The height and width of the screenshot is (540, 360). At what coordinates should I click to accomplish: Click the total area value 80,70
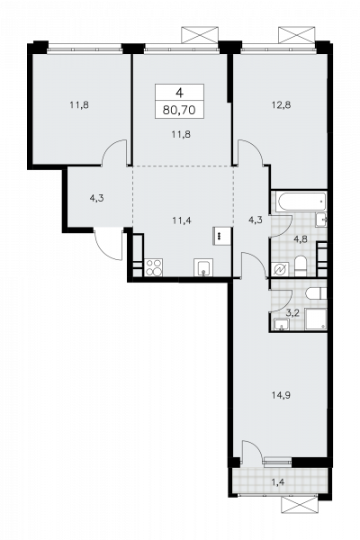point(179,110)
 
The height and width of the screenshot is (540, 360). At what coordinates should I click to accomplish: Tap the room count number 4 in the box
point(179,93)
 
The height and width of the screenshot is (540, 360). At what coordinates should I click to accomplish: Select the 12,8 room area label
point(281,105)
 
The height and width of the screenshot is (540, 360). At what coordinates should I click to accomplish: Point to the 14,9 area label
point(281,395)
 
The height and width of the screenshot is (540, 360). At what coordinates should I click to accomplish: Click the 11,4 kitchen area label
point(182,220)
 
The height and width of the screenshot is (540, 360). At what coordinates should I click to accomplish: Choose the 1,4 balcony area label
point(278,482)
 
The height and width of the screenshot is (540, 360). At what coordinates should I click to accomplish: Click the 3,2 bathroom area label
point(292,313)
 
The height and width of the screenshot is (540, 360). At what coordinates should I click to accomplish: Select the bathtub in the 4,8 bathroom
point(302,202)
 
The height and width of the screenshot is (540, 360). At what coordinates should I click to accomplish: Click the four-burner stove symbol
point(154,267)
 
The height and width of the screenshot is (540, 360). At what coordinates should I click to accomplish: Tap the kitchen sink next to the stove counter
point(203,267)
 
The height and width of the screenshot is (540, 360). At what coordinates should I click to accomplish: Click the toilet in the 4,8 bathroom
point(301,265)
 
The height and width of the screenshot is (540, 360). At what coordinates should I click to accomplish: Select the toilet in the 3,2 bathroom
point(316,293)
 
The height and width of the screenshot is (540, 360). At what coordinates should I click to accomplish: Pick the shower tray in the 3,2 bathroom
point(316,319)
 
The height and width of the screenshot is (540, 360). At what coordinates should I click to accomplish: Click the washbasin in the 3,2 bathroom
point(282,324)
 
